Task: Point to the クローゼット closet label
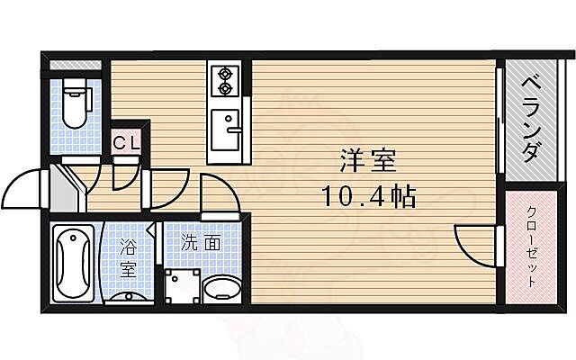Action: [531, 246]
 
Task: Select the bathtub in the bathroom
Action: [72, 263]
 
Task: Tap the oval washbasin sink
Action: [220, 291]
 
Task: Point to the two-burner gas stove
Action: [222, 81]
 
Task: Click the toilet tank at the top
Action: [76, 88]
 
